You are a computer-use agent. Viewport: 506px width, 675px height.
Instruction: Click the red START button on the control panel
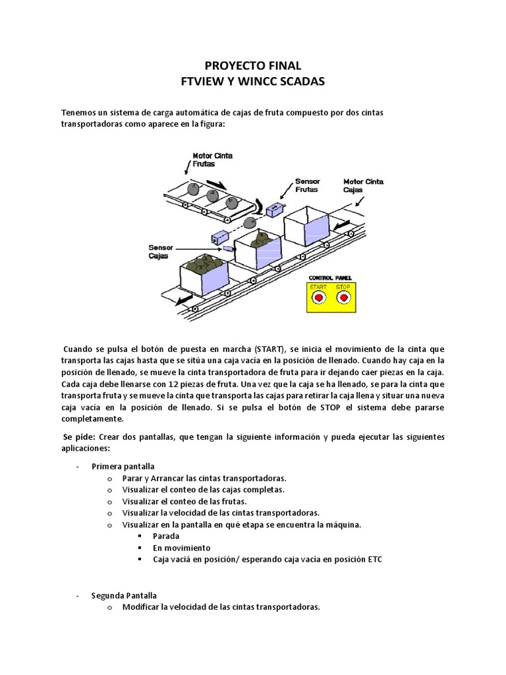(x=319, y=298)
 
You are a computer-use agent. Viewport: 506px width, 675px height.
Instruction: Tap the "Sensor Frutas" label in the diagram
(x=306, y=185)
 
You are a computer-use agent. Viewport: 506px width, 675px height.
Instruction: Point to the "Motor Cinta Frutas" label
(x=212, y=160)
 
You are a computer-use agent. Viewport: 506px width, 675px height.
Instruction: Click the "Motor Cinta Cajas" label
(x=364, y=185)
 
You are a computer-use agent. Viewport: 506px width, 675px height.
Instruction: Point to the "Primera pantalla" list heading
(x=123, y=465)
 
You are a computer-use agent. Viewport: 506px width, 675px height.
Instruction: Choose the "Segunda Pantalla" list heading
(x=125, y=595)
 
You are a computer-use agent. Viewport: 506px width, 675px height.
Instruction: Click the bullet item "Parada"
(x=166, y=536)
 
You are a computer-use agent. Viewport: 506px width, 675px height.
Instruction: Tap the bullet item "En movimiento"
(x=182, y=548)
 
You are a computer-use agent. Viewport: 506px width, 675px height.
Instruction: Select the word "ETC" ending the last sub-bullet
(x=373, y=560)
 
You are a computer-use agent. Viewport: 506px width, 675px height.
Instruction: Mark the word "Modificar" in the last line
(x=142, y=607)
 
